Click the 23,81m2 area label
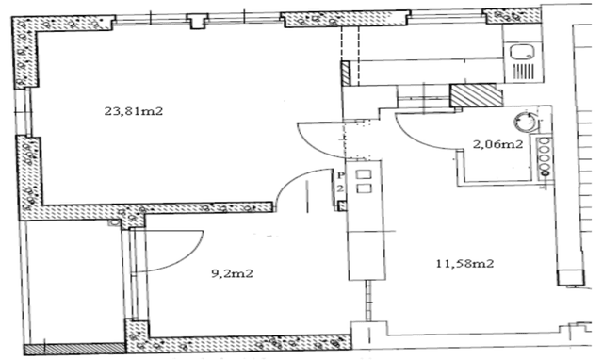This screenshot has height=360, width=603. [134, 111]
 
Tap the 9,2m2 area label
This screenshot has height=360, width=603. [233, 274]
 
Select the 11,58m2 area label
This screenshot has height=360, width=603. [464, 264]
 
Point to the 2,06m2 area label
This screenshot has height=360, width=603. [497, 144]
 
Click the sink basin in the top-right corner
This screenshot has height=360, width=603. [522, 52]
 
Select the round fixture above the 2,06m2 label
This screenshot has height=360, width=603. [526, 122]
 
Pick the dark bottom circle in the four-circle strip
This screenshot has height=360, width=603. [545, 173]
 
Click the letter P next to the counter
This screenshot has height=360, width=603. [340, 176]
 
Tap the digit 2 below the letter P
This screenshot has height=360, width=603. [340, 188]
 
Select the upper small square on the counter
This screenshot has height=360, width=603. [364, 174]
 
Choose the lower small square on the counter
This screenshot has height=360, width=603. [364, 188]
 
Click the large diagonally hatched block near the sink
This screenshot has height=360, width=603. [476, 95]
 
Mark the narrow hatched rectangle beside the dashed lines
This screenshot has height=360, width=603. [346, 74]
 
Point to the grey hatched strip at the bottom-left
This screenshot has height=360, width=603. [74, 349]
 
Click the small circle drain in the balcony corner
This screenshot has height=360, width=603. [114, 222]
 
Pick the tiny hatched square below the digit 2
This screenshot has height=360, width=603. [342, 206]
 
